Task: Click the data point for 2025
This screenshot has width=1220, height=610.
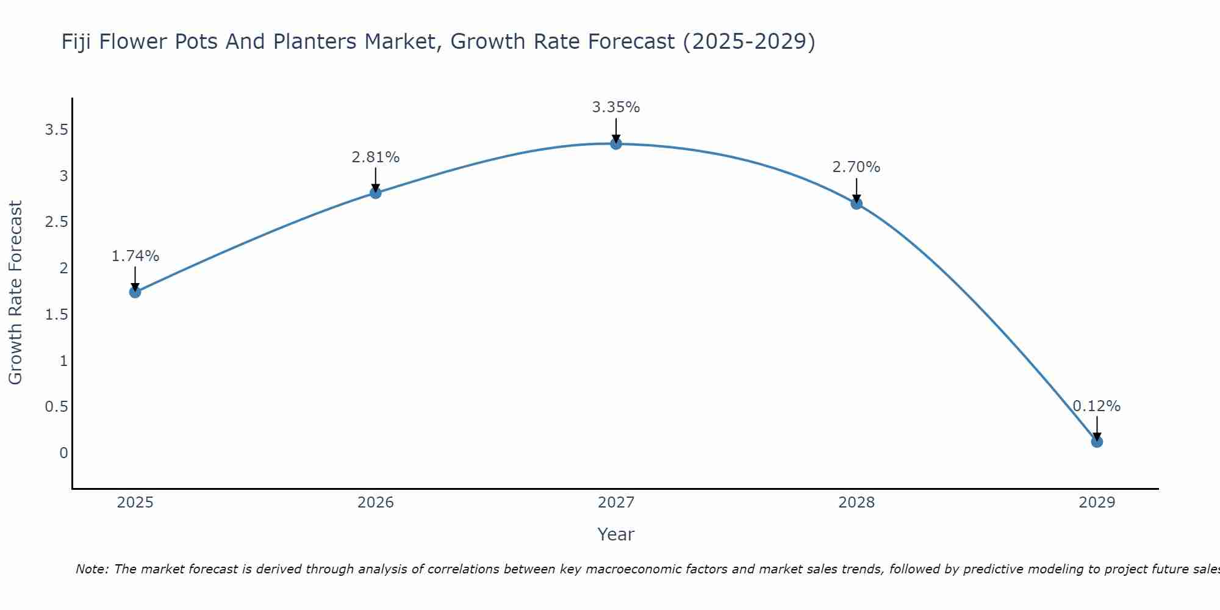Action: point(135,292)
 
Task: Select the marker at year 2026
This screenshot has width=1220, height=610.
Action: point(375,193)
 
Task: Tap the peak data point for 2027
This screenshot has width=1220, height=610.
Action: point(615,143)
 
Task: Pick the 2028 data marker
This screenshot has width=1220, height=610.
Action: point(856,203)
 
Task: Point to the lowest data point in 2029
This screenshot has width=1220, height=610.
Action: point(1096,441)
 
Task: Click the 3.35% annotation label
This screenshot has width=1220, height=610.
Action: point(615,107)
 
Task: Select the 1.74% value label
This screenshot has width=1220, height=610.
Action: point(135,256)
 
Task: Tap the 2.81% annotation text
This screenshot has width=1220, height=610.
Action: point(375,157)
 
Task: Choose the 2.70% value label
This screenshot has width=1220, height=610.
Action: point(856,167)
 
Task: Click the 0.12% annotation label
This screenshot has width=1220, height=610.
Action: point(1096,406)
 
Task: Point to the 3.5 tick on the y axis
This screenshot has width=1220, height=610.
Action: point(56,130)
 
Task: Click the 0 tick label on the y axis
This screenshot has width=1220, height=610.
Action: point(63,453)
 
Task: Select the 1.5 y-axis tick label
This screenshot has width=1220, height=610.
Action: point(56,315)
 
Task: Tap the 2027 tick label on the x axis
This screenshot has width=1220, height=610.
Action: point(615,503)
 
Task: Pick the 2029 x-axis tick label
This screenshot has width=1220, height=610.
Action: point(1096,503)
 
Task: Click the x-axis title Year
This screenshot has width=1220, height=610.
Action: point(615,534)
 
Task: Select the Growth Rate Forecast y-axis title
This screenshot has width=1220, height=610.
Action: point(15,293)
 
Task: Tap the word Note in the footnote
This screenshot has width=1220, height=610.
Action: point(91,569)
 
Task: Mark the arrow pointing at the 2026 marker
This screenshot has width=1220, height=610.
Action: point(375,180)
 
